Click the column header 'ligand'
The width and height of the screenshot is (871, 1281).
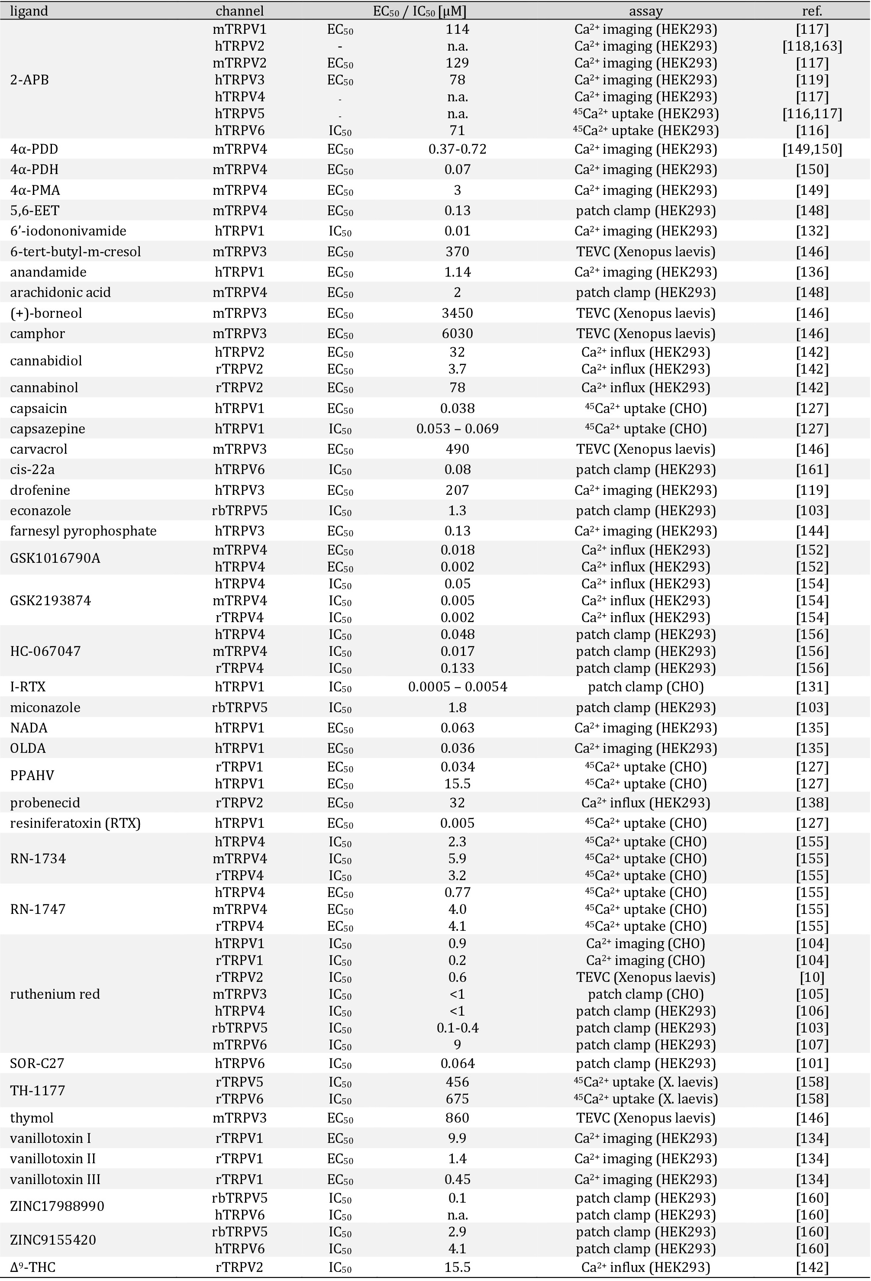click(x=29, y=10)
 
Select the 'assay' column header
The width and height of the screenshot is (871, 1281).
click(x=645, y=10)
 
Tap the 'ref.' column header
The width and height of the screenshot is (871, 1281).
click(x=812, y=10)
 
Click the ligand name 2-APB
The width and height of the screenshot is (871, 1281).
click(x=29, y=80)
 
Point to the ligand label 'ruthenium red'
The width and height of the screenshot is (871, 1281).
click(x=55, y=994)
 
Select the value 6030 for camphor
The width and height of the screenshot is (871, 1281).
click(x=457, y=333)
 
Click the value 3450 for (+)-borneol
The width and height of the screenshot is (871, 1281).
click(x=457, y=313)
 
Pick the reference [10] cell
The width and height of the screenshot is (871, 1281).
click(x=812, y=977)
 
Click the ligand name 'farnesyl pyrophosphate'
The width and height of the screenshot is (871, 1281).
click(x=83, y=531)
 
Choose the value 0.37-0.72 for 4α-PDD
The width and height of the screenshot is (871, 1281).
click(x=457, y=149)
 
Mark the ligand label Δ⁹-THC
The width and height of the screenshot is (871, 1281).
click(x=32, y=1267)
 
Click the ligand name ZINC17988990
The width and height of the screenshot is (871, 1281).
click(x=57, y=1206)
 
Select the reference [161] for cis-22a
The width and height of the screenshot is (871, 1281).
click(x=812, y=470)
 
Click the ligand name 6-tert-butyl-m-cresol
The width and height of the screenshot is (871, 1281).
click(x=75, y=252)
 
